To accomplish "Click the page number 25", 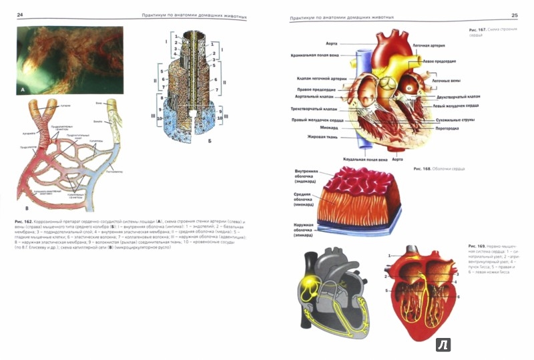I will pos(514,14).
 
